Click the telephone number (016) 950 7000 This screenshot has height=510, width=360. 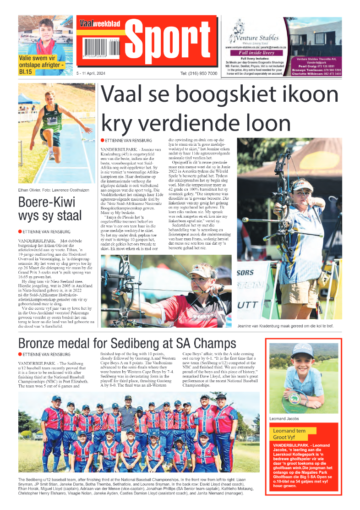(x=198, y=74)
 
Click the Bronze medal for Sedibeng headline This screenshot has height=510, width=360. (x=127, y=343)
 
